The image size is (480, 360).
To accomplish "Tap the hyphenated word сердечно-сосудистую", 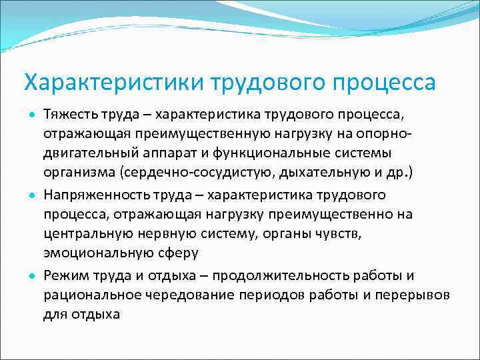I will coord(194,175).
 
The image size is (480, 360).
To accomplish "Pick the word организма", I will coord(79,175).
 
